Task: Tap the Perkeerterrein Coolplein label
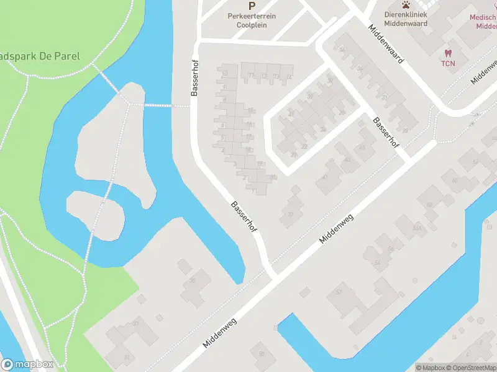[x=252, y=20]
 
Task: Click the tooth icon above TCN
[x=447, y=53]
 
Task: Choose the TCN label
[x=447, y=63]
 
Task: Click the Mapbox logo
[x=27, y=365]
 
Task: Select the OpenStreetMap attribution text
[x=472, y=367]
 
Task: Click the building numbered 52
[x=339, y=291]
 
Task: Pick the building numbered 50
[x=262, y=353]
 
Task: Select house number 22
[x=304, y=146]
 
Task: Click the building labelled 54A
[x=417, y=228]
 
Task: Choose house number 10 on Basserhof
[x=224, y=74]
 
